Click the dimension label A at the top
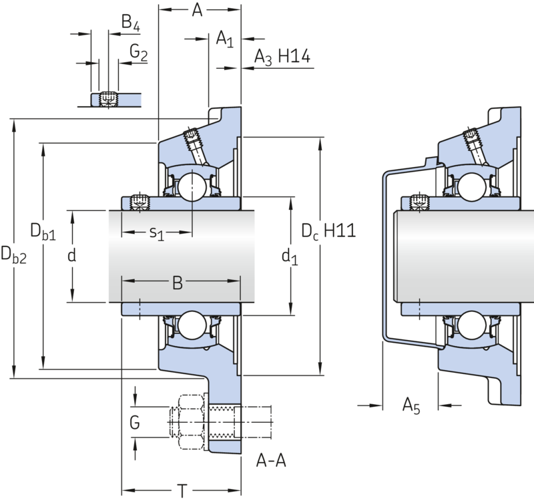point(197,10)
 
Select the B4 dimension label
point(131,23)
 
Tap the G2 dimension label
point(139,53)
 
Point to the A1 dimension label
point(225,39)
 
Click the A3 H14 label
point(282,57)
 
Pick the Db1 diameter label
point(43,232)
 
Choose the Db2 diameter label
point(13,255)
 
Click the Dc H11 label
point(328,231)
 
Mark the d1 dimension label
point(290,257)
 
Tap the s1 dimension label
point(157,233)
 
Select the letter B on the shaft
point(178,283)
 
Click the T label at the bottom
point(182,491)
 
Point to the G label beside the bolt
point(135,423)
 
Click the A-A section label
point(271,461)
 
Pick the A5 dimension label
point(411,406)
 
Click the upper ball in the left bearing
point(192,187)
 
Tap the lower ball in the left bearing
point(192,325)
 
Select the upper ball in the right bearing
point(472,187)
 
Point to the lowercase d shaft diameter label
point(71,255)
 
